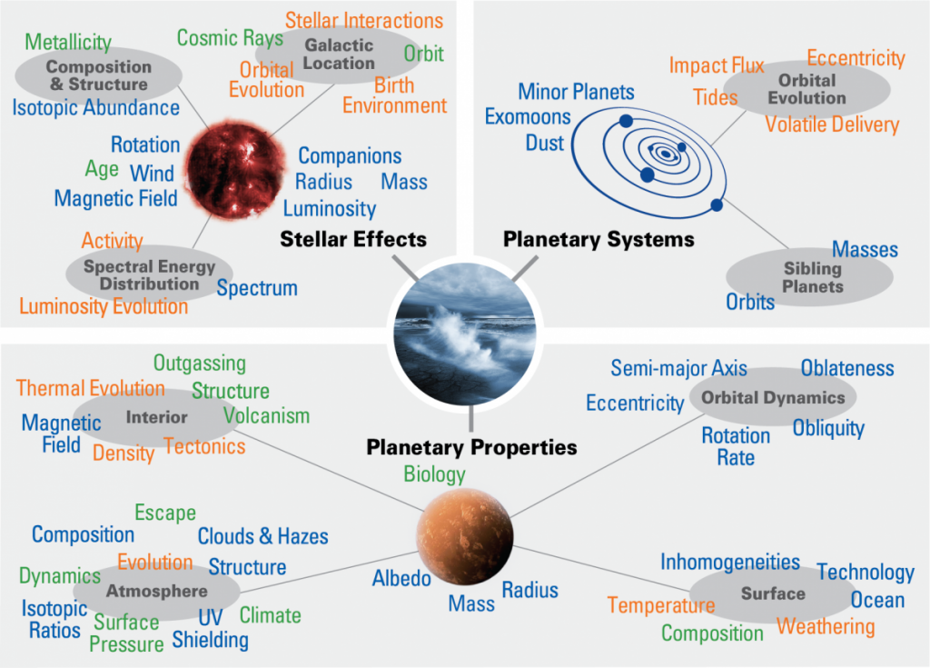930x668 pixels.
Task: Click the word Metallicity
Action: tap(68, 43)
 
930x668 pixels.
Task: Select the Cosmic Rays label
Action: tap(230, 38)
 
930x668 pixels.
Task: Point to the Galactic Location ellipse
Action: tap(339, 55)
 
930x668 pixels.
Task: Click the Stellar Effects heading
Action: tap(353, 240)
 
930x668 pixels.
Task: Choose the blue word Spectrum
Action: tap(257, 289)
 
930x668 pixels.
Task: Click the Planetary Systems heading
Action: tap(599, 240)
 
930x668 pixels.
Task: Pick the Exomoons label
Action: tap(528, 117)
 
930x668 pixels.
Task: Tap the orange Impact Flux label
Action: tap(717, 66)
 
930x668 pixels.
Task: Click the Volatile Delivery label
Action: tap(832, 125)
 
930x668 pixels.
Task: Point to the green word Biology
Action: tap(434, 474)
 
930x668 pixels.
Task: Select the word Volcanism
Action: tap(267, 416)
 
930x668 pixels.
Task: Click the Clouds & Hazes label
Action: tap(263, 536)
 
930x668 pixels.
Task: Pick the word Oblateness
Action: tap(847, 368)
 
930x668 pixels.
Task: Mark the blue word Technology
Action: tap(865, 573)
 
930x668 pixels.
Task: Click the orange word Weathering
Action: tap(826, 627)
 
